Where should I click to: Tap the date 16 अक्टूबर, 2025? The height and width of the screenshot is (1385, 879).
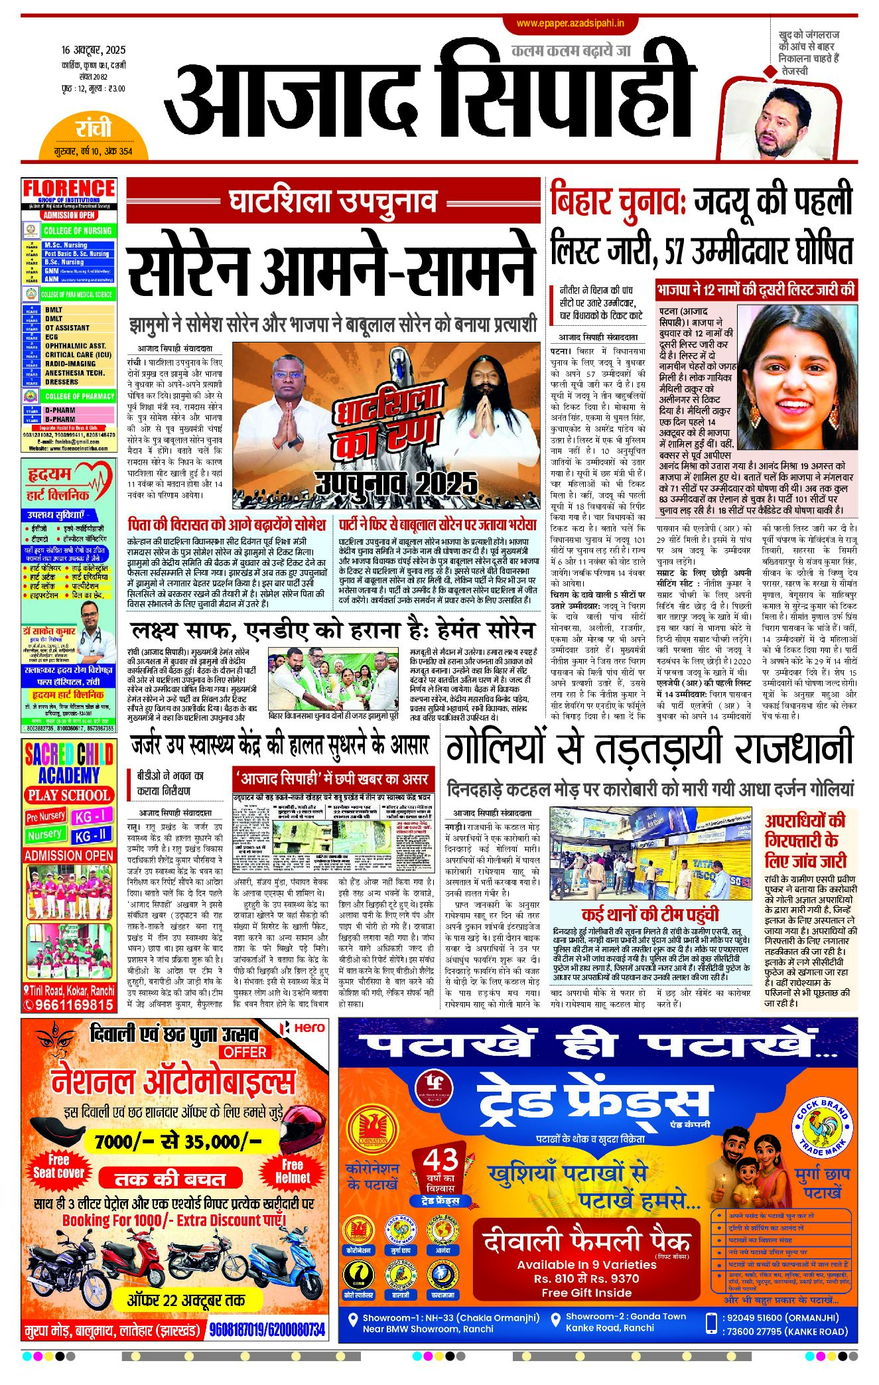click(x=93, y=50)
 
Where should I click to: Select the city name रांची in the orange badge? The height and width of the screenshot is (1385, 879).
click(x=94, y=128)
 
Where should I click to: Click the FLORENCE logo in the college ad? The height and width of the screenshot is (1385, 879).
click(x=69, y=188)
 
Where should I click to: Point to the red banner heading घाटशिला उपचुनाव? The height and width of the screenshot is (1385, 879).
click(x=333, y=200)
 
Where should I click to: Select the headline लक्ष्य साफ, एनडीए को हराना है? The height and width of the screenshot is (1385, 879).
click(x=332, y=630)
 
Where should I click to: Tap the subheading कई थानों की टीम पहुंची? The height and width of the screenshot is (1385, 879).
click(x=650, y=913)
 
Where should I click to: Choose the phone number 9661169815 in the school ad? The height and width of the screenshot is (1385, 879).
click(x=74, y=1004)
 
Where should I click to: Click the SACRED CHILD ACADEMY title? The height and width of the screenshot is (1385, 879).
click(x=69, y=764)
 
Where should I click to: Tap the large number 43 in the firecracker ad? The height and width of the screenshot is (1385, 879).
click(x=441, y=1159)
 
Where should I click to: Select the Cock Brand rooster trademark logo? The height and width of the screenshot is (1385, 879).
click(x=822, y=1127)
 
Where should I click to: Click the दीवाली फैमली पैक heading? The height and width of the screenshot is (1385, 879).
click(x=586, y=1240)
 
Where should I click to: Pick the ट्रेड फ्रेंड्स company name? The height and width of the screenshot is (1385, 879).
click(x=586, y=1102)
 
